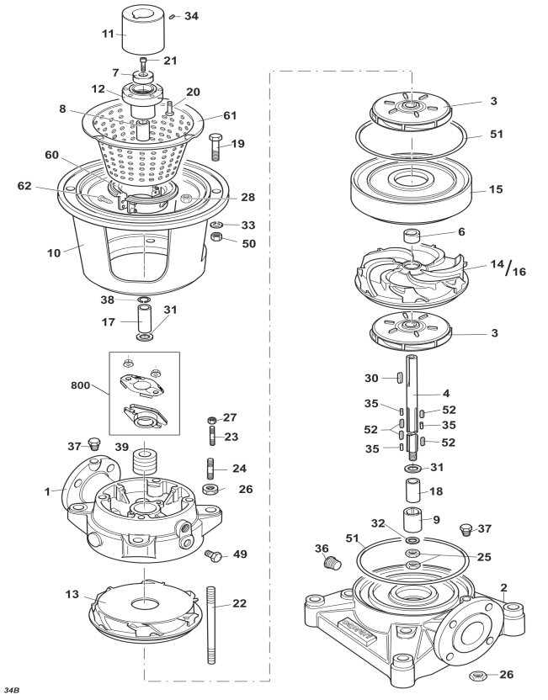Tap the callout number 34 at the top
(191, 16)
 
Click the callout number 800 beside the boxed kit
(81, 384)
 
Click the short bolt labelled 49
(214, 556)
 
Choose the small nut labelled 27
(213, 420)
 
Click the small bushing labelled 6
(412, 235)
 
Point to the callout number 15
(496, 189)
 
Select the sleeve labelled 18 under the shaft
(413, 491)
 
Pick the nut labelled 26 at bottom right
(478, 676)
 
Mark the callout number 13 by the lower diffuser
(72, 595)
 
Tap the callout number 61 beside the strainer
(230, 115)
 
